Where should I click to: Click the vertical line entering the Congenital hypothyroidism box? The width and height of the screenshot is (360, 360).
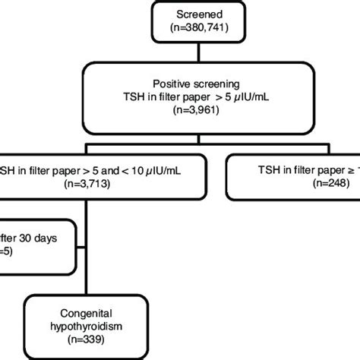[88, 285]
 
